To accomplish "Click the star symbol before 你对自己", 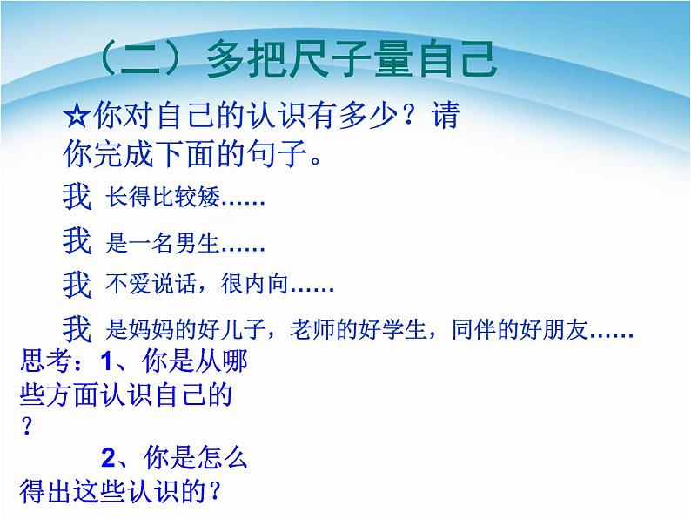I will coord(77,116).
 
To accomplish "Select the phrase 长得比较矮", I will coord(162,199).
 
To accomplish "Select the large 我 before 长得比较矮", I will coord(77,198).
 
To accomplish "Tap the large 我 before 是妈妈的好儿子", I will coord(77,329).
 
